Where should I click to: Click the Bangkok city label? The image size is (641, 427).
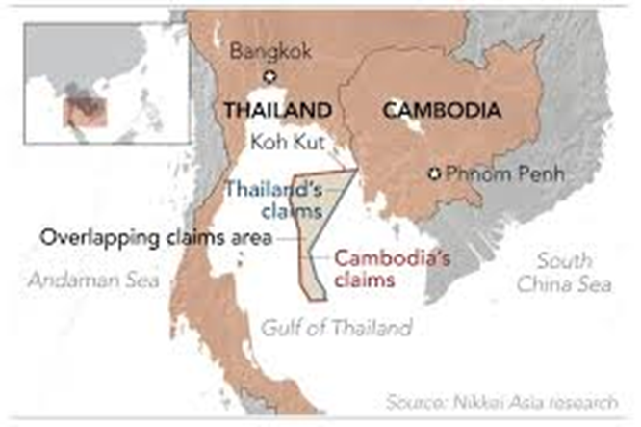point(269,52)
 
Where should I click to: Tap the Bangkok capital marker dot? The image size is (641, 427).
point(269,77)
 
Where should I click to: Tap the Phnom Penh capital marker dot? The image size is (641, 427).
point(434,173)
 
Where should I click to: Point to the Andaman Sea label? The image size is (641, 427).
point(86,280)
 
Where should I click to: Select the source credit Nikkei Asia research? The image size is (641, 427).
point(509,400)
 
